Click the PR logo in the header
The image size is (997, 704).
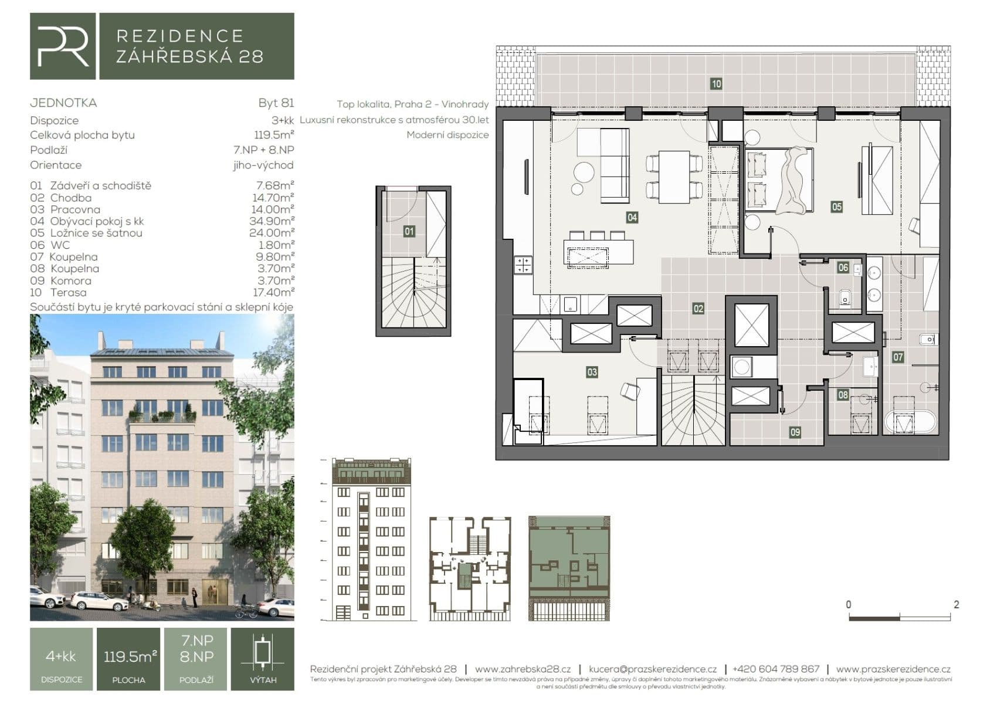pyautogui.click(x=63, y=46)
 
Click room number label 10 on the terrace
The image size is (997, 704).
pyautogui.click(x=716, y=84)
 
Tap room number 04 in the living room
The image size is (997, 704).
pyautogui.click(x=632, y=218)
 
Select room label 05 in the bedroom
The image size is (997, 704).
pyautogui.click(x=836, y=207)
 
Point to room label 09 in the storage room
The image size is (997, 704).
pyautogui.click(x=795, y=432)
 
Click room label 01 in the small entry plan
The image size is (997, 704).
pyautogui.click(x=409, y=231)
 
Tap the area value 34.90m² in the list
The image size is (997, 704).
pyautogui.click(x=272, y=221)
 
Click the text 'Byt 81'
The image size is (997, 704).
pyautogui.click(x=276, y=103)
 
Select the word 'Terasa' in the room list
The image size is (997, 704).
pyautogui.click(x=68, y=292)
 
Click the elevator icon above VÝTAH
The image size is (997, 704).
pyautogui.click(x=263, y=654)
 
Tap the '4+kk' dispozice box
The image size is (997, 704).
pyautogui.click(x=61, y=656)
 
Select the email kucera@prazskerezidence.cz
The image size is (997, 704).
pyautogui.click(x=652, y=669)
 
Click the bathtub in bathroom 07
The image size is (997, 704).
pyautogui.click(x=908, y=422)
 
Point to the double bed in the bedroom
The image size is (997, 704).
pyautogui.click(x=779, y=180)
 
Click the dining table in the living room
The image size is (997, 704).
pyautogui.click(x=674, y=177)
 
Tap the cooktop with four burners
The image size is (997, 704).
pyautogui.click(x=523, y=265)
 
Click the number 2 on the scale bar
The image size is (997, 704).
pyautogui.click(x=956, y=605)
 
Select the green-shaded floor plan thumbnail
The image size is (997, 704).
pyautogui.click(x=569, y=568)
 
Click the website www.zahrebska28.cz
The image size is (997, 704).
pyautogui.click(x=523, y=669)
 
